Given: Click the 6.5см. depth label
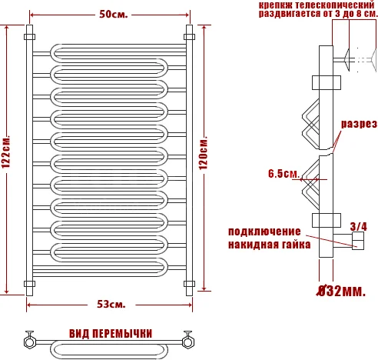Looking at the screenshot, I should tap(283, 174).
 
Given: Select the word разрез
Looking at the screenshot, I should tap(358, 124).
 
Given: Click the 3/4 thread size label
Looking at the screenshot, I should tap(358, 226).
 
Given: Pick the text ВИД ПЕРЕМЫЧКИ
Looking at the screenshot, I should tap(110, 333).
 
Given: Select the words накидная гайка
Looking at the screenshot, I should tap(269, 245).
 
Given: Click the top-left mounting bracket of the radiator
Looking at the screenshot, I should tap(29, 36).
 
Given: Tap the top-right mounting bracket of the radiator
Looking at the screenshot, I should tap(189, 36).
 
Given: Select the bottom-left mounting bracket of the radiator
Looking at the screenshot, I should tap(29, 284).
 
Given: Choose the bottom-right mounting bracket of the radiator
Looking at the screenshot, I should tap(189, 284).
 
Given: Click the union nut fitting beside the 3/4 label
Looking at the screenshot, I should tap(358, 243).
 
